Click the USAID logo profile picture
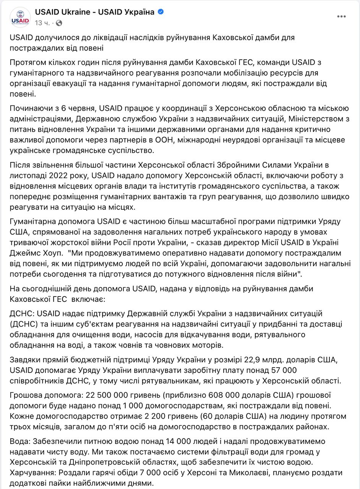coord(21,17)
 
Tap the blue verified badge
coord(161,12)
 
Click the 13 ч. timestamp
coord(42,23)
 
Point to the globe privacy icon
coord(59,23)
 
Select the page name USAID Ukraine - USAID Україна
coord(94,12)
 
